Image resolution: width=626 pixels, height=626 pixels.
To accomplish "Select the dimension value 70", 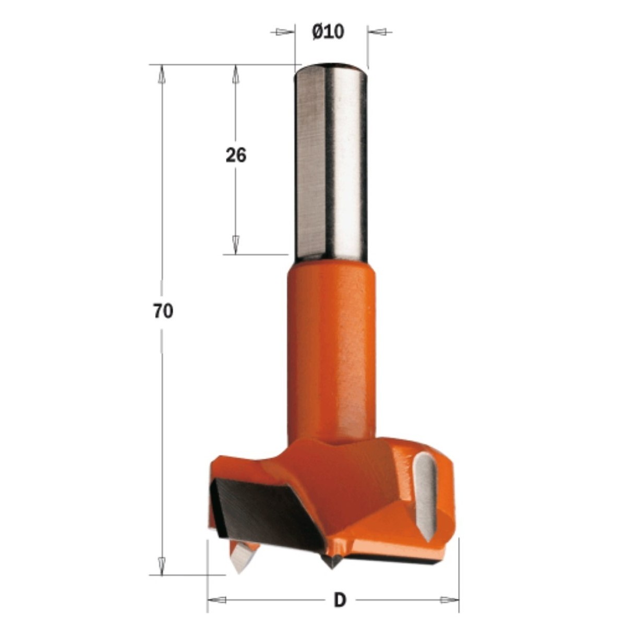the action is click(x=163, y=311).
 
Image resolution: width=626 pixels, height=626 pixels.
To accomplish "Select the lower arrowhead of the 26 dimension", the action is click(x=235, y=244).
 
